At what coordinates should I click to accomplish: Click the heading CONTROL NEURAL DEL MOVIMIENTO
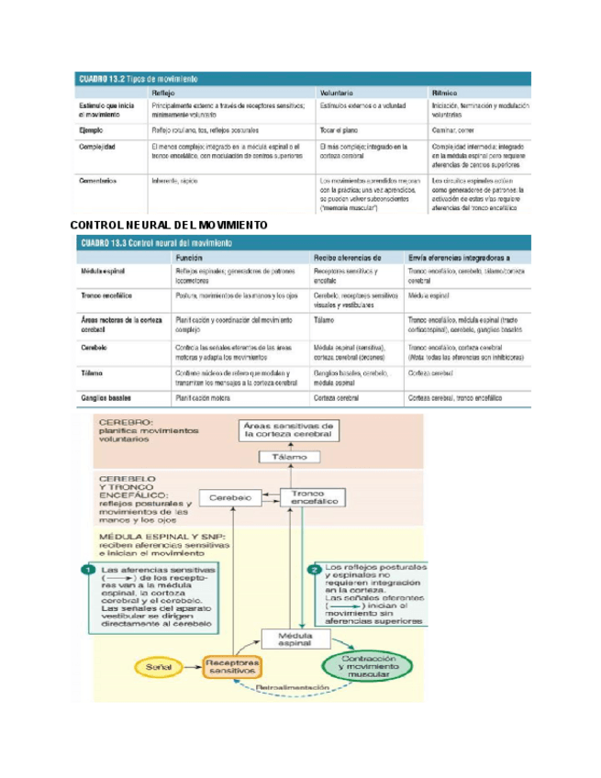tap(169, 225)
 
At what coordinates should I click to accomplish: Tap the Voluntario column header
tap(339, 93)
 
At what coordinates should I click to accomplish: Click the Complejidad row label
tap(97, 146)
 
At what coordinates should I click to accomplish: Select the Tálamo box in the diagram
tap(289, 457)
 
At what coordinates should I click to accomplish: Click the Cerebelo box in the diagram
tap(230, 497)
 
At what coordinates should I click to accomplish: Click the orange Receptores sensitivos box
tap(230, 667)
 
